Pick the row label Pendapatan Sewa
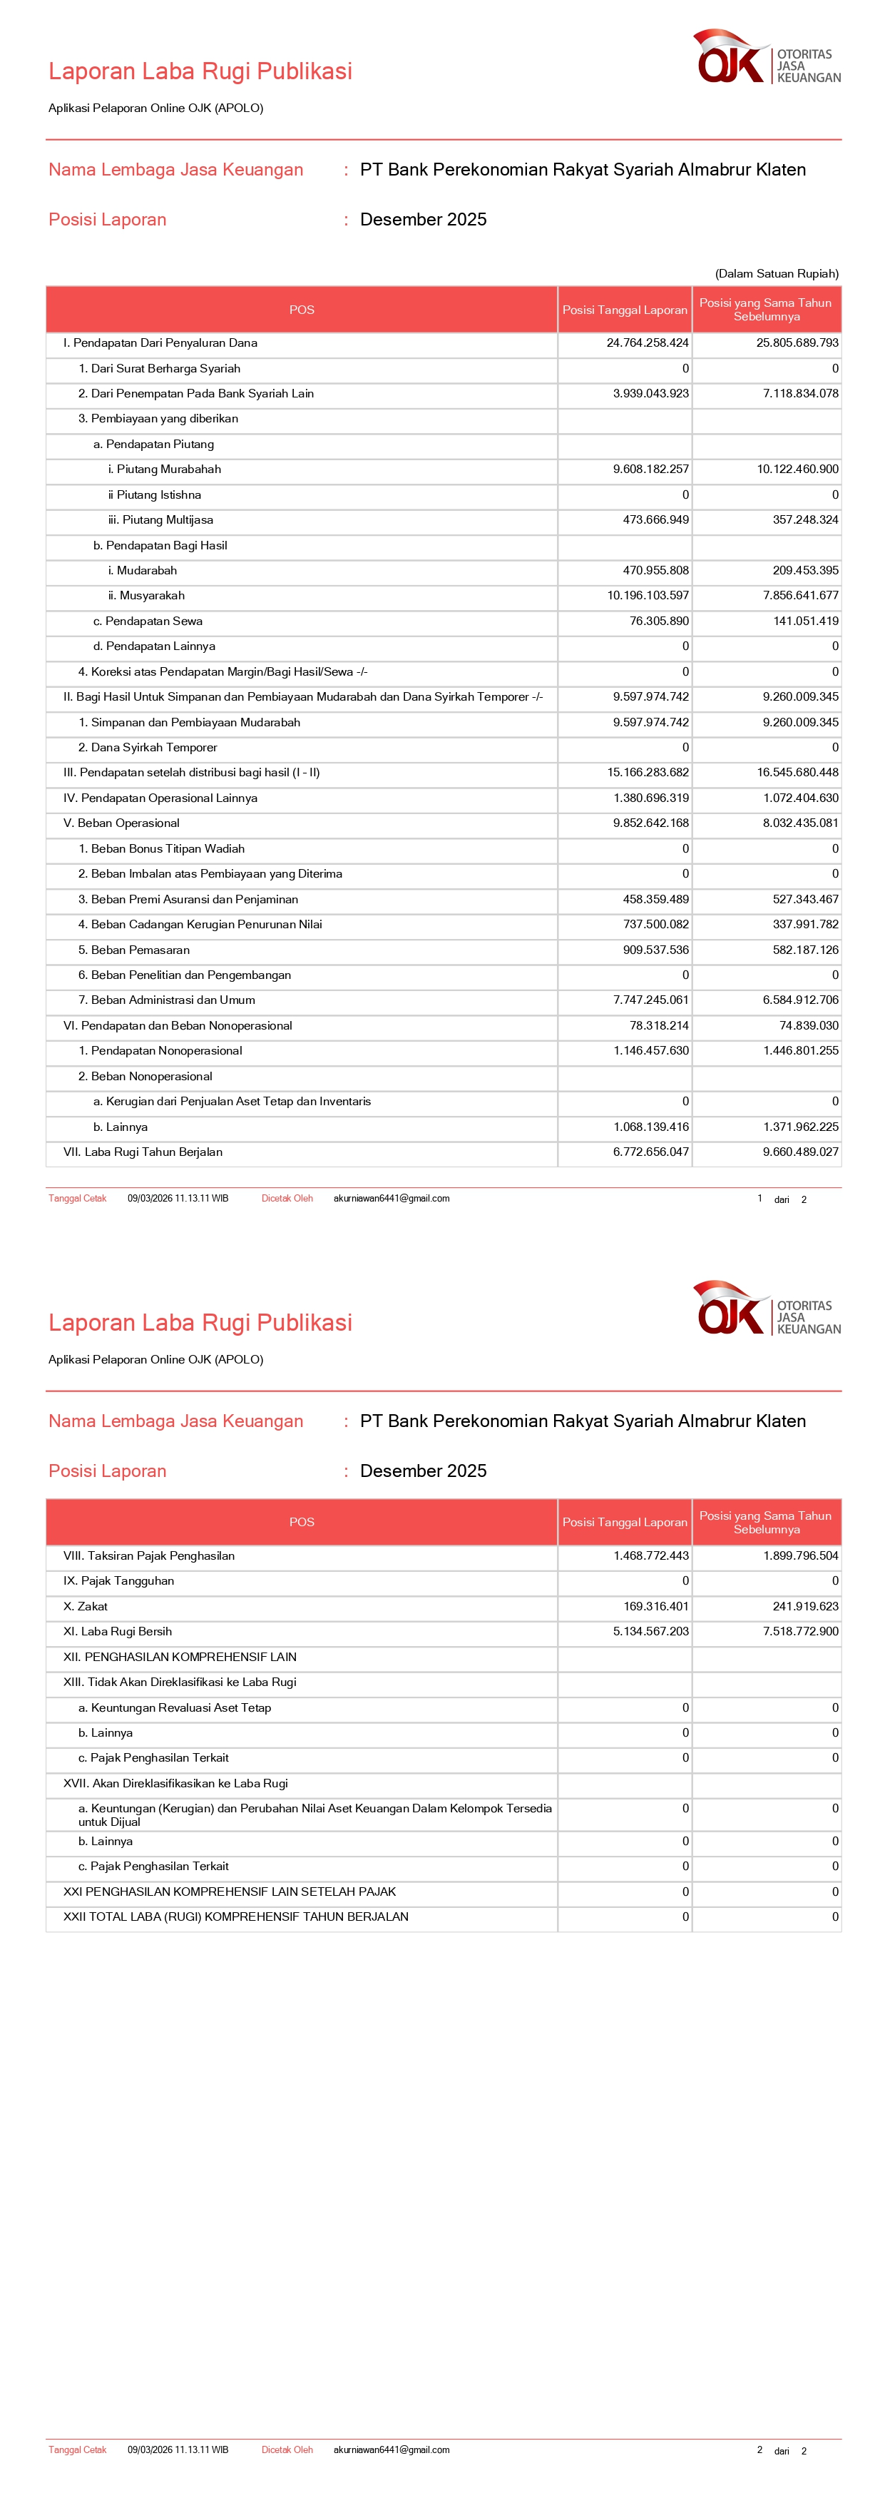click(x=148, y=621)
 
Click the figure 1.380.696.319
click(x=651, y=798)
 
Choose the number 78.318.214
click(x=656, y=1025)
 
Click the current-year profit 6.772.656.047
click(x=651, y=1152)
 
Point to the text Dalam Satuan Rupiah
click(x=776, y=274)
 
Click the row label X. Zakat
click(x=86, y=1607)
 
